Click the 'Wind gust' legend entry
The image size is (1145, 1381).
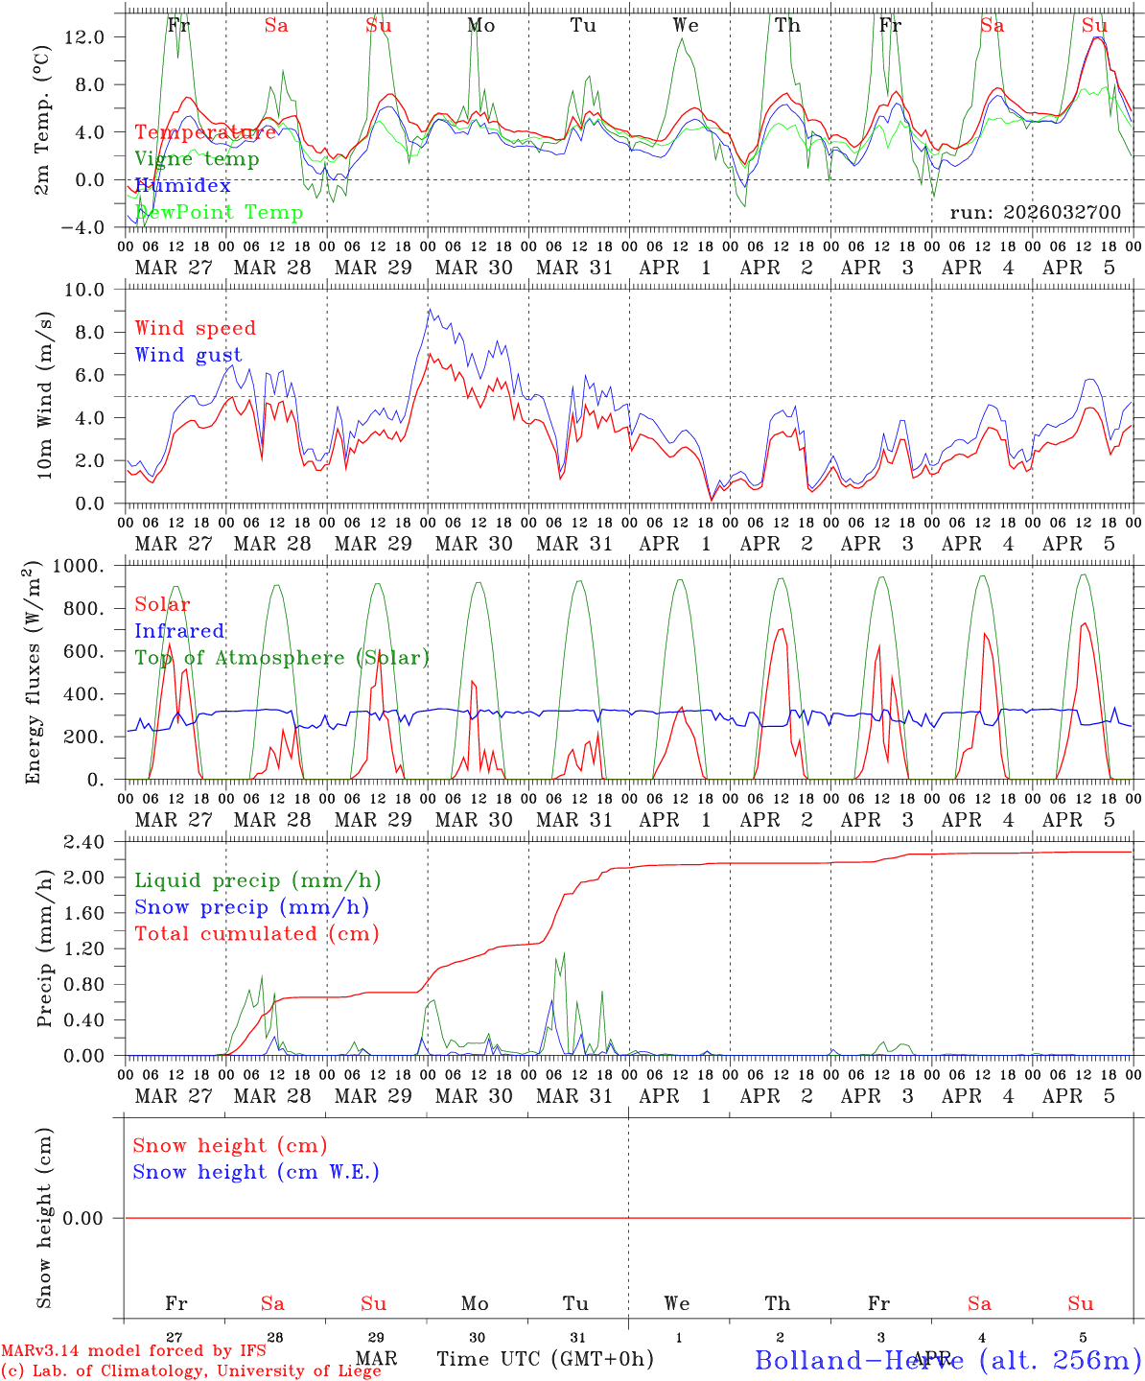[188, 356]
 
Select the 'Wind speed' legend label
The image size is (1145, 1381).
[196, 329]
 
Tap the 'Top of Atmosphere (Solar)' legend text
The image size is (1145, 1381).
[282, 658]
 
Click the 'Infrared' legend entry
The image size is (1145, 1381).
[179, 631]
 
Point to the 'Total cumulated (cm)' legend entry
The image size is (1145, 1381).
[256, 934]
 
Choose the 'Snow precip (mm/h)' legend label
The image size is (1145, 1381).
[251, 907]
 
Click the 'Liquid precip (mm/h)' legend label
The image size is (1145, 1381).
[257, 880]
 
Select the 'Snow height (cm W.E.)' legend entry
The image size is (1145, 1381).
[256, 1172]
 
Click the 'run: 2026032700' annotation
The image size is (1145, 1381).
[1035, 213]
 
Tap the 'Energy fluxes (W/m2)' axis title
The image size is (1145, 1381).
[34, 671]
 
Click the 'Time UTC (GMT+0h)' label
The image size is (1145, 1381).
[545, 1359]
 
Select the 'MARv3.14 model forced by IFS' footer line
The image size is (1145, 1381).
[133, 1351]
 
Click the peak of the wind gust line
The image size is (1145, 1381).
[430, 309]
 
